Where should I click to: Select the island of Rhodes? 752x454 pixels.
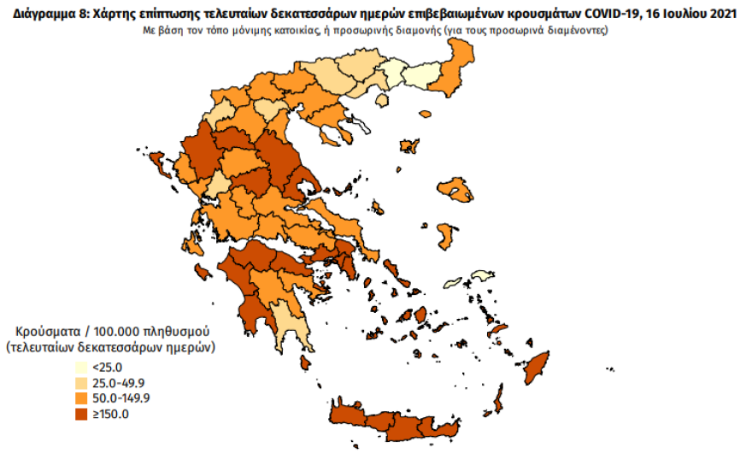point(538,367)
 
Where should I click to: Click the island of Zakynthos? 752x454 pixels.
point(203,272)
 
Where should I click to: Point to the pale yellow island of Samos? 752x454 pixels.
point(482,276)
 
